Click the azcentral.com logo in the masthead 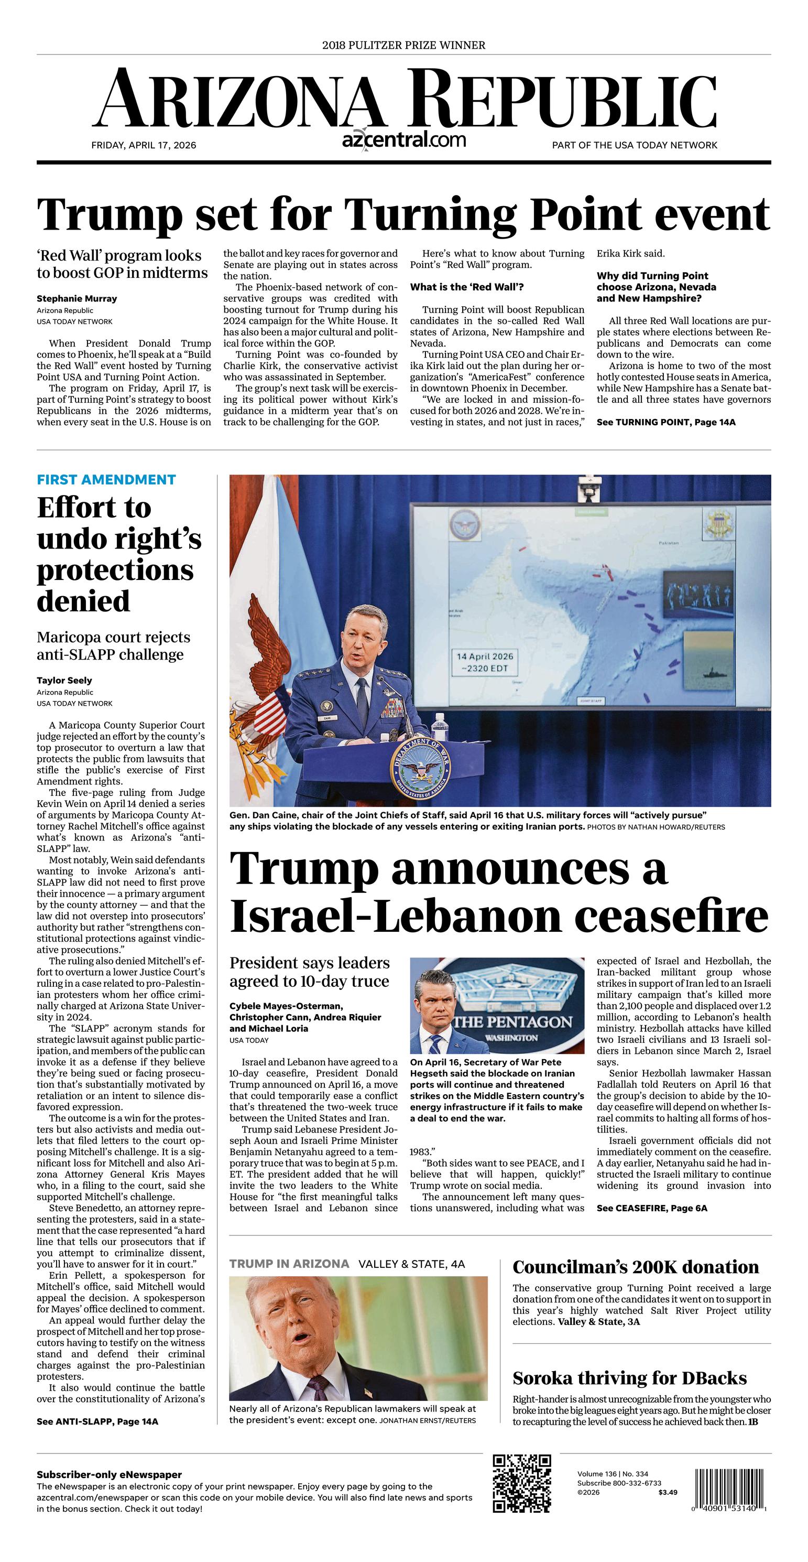point(403,140)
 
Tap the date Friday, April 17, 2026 point(144,146)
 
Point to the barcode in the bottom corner point(730,1489)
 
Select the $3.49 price point(668,1492)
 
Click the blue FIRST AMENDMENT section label point(106,480)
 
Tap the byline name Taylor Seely point(64,681)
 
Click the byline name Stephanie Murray point(77,298)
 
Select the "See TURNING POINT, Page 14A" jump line point(665,422)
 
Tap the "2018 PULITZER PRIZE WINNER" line point(403,46)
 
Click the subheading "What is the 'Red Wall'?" point(467,287)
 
